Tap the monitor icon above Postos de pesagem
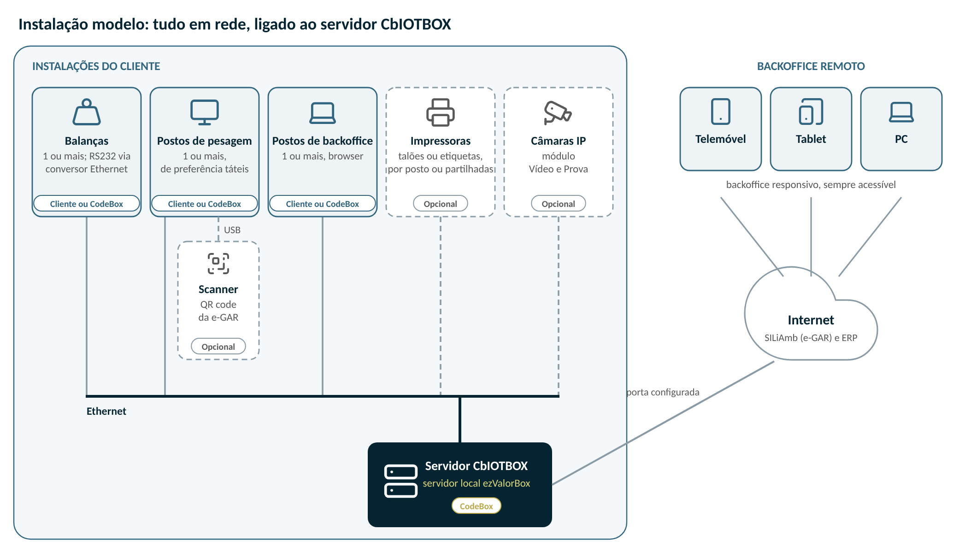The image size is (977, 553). (x=205, y=112)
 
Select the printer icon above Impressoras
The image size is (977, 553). (x=441, y=112)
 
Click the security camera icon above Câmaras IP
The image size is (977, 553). (x=558, y=112)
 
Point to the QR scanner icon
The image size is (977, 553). (x=218, y=264)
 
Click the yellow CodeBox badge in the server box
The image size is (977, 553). (x=477, y=506)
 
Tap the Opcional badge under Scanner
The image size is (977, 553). (x=218, y=346)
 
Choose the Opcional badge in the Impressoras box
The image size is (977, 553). (x=441, y=203)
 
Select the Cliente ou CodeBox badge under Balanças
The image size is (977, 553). (x=87, y=203)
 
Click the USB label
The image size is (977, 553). (x=232, y=230)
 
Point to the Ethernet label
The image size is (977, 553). (x=106, y=411)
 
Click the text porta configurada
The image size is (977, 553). (x=663, y=392)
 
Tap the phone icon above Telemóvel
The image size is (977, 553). (x=721, y=112)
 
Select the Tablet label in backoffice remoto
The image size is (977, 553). (x=811, y=139)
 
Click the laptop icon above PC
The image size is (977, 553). (x=901, y=112)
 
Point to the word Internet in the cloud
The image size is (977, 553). (x=811, y=320)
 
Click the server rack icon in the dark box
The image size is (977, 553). (x=401, y=481)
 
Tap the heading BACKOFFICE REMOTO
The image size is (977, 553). (x=811, y=66)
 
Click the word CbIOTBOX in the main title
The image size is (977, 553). (x=416, y=24)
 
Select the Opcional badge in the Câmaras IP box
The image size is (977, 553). (x=559, y=203)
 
